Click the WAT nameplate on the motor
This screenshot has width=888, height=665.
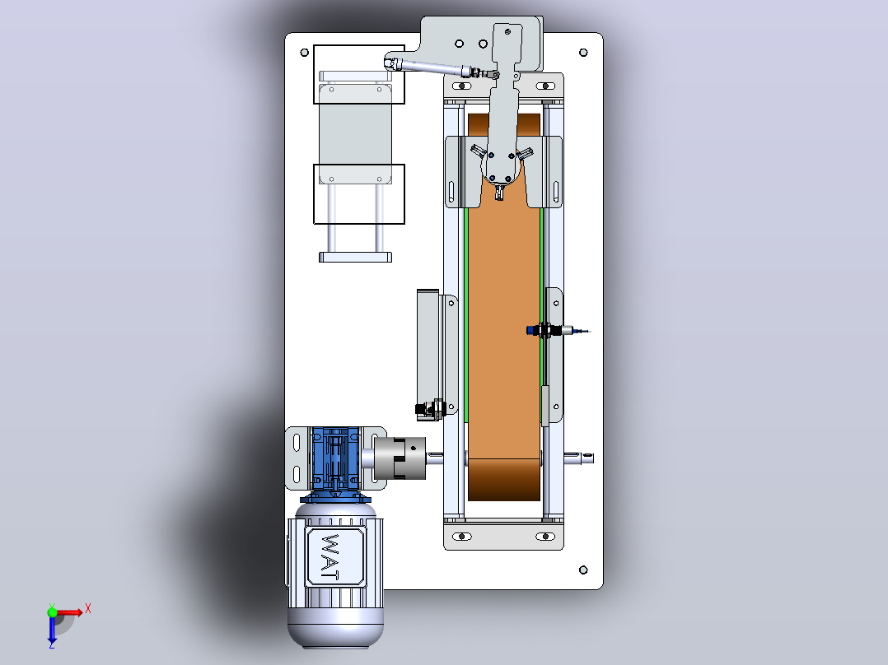coord(335,557)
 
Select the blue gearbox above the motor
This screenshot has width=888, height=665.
coord(335,458)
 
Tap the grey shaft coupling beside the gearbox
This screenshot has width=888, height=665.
coord(400,458)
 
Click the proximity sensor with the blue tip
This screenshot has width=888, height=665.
coord(557,331)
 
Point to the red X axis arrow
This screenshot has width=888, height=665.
coord(70,612)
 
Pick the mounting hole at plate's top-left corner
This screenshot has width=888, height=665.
coord(304,53)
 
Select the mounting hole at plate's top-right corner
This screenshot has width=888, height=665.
coord(583,53)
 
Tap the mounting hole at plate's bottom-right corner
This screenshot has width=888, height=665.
coord(583,570)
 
